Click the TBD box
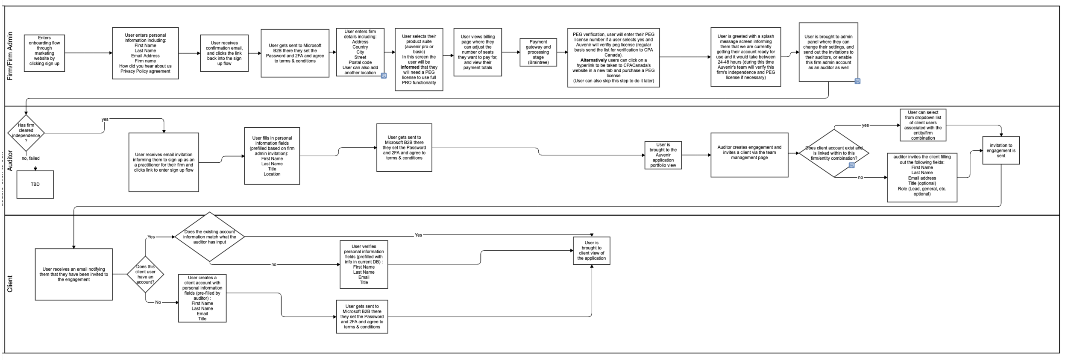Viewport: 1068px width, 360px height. [35, 184]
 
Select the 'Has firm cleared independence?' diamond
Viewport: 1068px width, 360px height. [26, 133]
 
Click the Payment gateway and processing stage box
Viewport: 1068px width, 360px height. [538, 53]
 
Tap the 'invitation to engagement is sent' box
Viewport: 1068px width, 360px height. [1001, 150]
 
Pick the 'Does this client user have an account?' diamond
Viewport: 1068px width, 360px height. [145, 274]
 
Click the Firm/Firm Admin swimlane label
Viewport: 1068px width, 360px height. [10, 56]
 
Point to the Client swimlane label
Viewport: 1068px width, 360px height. [10, 284]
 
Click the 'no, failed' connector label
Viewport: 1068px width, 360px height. [31, 158]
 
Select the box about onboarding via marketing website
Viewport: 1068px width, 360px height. [44, 53]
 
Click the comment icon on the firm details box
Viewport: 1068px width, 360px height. [384, 76]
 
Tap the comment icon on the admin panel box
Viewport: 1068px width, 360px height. [857, 81]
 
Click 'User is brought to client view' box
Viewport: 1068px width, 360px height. [591, 251]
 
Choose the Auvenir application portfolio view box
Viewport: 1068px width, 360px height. [663, 155]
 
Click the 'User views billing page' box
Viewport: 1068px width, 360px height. [477, 52]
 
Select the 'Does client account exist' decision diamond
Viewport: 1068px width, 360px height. [833, 153]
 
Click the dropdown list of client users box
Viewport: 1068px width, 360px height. [922, 125]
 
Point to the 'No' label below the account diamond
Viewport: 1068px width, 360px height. [158, 302]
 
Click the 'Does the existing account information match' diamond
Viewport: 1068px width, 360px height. [209, 237]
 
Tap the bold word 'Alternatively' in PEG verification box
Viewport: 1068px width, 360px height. [593, 60]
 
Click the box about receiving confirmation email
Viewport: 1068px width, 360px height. [224, 53]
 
